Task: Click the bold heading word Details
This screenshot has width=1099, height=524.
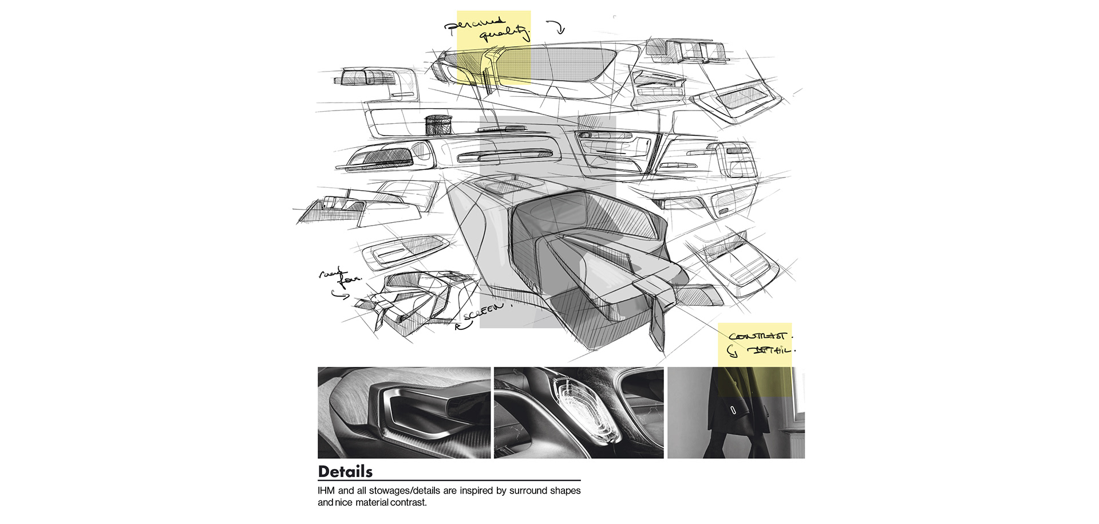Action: point(345,472)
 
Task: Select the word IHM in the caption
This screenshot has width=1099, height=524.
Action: point(326,491)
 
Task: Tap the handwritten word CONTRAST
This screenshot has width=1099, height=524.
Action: point(757,336)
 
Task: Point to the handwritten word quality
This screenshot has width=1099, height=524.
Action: point(504,35)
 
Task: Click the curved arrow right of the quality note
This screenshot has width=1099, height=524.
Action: point(556,26)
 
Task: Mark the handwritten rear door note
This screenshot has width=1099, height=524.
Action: point(341,276)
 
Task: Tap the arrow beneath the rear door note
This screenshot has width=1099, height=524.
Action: point(340,295)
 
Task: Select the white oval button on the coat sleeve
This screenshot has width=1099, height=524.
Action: point(733,410)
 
